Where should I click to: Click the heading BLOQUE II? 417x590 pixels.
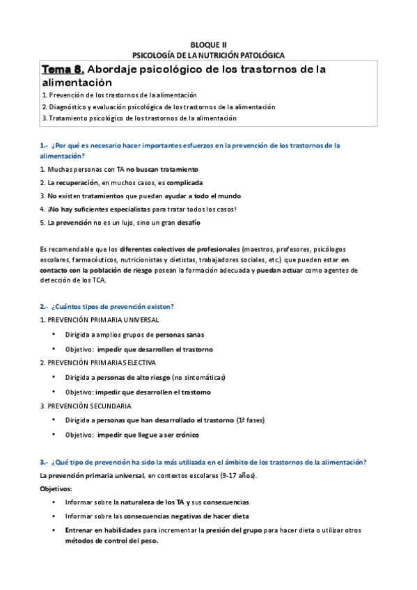[208, 43]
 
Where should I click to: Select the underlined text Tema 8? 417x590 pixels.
[64, 69]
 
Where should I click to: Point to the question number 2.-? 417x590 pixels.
[43, 306]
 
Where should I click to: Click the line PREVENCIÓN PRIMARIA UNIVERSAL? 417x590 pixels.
[100, 319]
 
